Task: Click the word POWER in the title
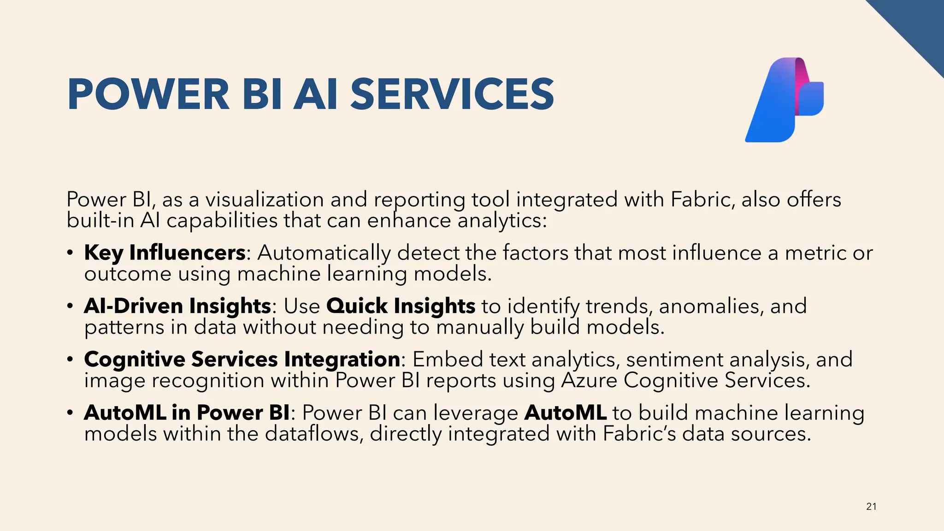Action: (x=148, y=94)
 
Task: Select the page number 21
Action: (x=871, y=507)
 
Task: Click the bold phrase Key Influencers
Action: (x=165, y=253)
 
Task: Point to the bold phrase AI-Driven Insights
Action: (x=177, y=306)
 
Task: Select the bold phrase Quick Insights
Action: (x=401, y=306)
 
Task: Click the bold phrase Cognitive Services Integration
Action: (x=242, y=360)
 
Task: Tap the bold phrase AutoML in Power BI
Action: (x=187, y=413)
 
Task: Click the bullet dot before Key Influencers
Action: (x=70, y=253)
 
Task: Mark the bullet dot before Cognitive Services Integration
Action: (x=70, y=360)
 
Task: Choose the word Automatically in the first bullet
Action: (x=324, y=253)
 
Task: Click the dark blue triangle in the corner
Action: (x=917, y=23)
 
